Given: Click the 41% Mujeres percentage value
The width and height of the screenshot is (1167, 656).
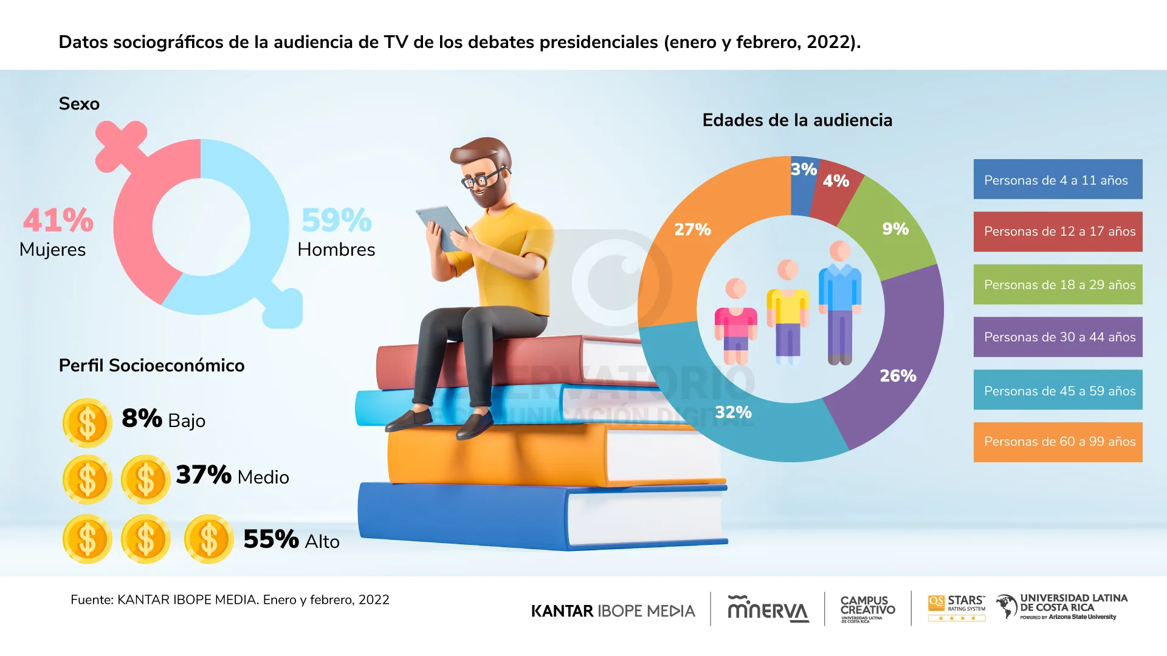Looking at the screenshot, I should coord(58,220).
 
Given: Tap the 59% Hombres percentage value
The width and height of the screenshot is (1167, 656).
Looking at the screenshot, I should coord(336,220).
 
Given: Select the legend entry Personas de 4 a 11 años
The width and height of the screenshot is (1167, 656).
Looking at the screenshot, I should coord(1058,180).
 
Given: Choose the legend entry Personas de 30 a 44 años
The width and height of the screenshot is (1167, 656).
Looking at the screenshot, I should coord(1058,337).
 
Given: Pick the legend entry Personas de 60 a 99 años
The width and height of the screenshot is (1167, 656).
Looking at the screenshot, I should coord(1058,442).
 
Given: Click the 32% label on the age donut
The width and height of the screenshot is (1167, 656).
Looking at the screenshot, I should coord(733,412).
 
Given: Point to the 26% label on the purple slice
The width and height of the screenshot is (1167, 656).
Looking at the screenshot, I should coord(898,376).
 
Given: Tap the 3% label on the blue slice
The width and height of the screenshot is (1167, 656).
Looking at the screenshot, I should coord(803,169).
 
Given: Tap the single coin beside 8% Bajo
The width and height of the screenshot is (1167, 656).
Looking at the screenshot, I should coord(88,423).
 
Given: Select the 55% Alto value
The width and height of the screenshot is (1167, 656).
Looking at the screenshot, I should coord(271,539).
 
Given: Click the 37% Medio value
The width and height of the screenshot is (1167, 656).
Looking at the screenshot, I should coord(204,475).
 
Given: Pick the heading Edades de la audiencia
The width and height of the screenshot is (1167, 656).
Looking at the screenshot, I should coord(797,120).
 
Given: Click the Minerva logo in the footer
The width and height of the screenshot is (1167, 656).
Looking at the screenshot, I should coord(768,609).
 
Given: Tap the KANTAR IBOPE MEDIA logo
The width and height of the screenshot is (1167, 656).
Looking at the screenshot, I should coord(613,611).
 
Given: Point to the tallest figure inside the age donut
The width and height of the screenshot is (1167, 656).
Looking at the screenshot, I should coord(840,304).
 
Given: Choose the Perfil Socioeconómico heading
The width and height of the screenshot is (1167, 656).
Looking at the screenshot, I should coord(151,366).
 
